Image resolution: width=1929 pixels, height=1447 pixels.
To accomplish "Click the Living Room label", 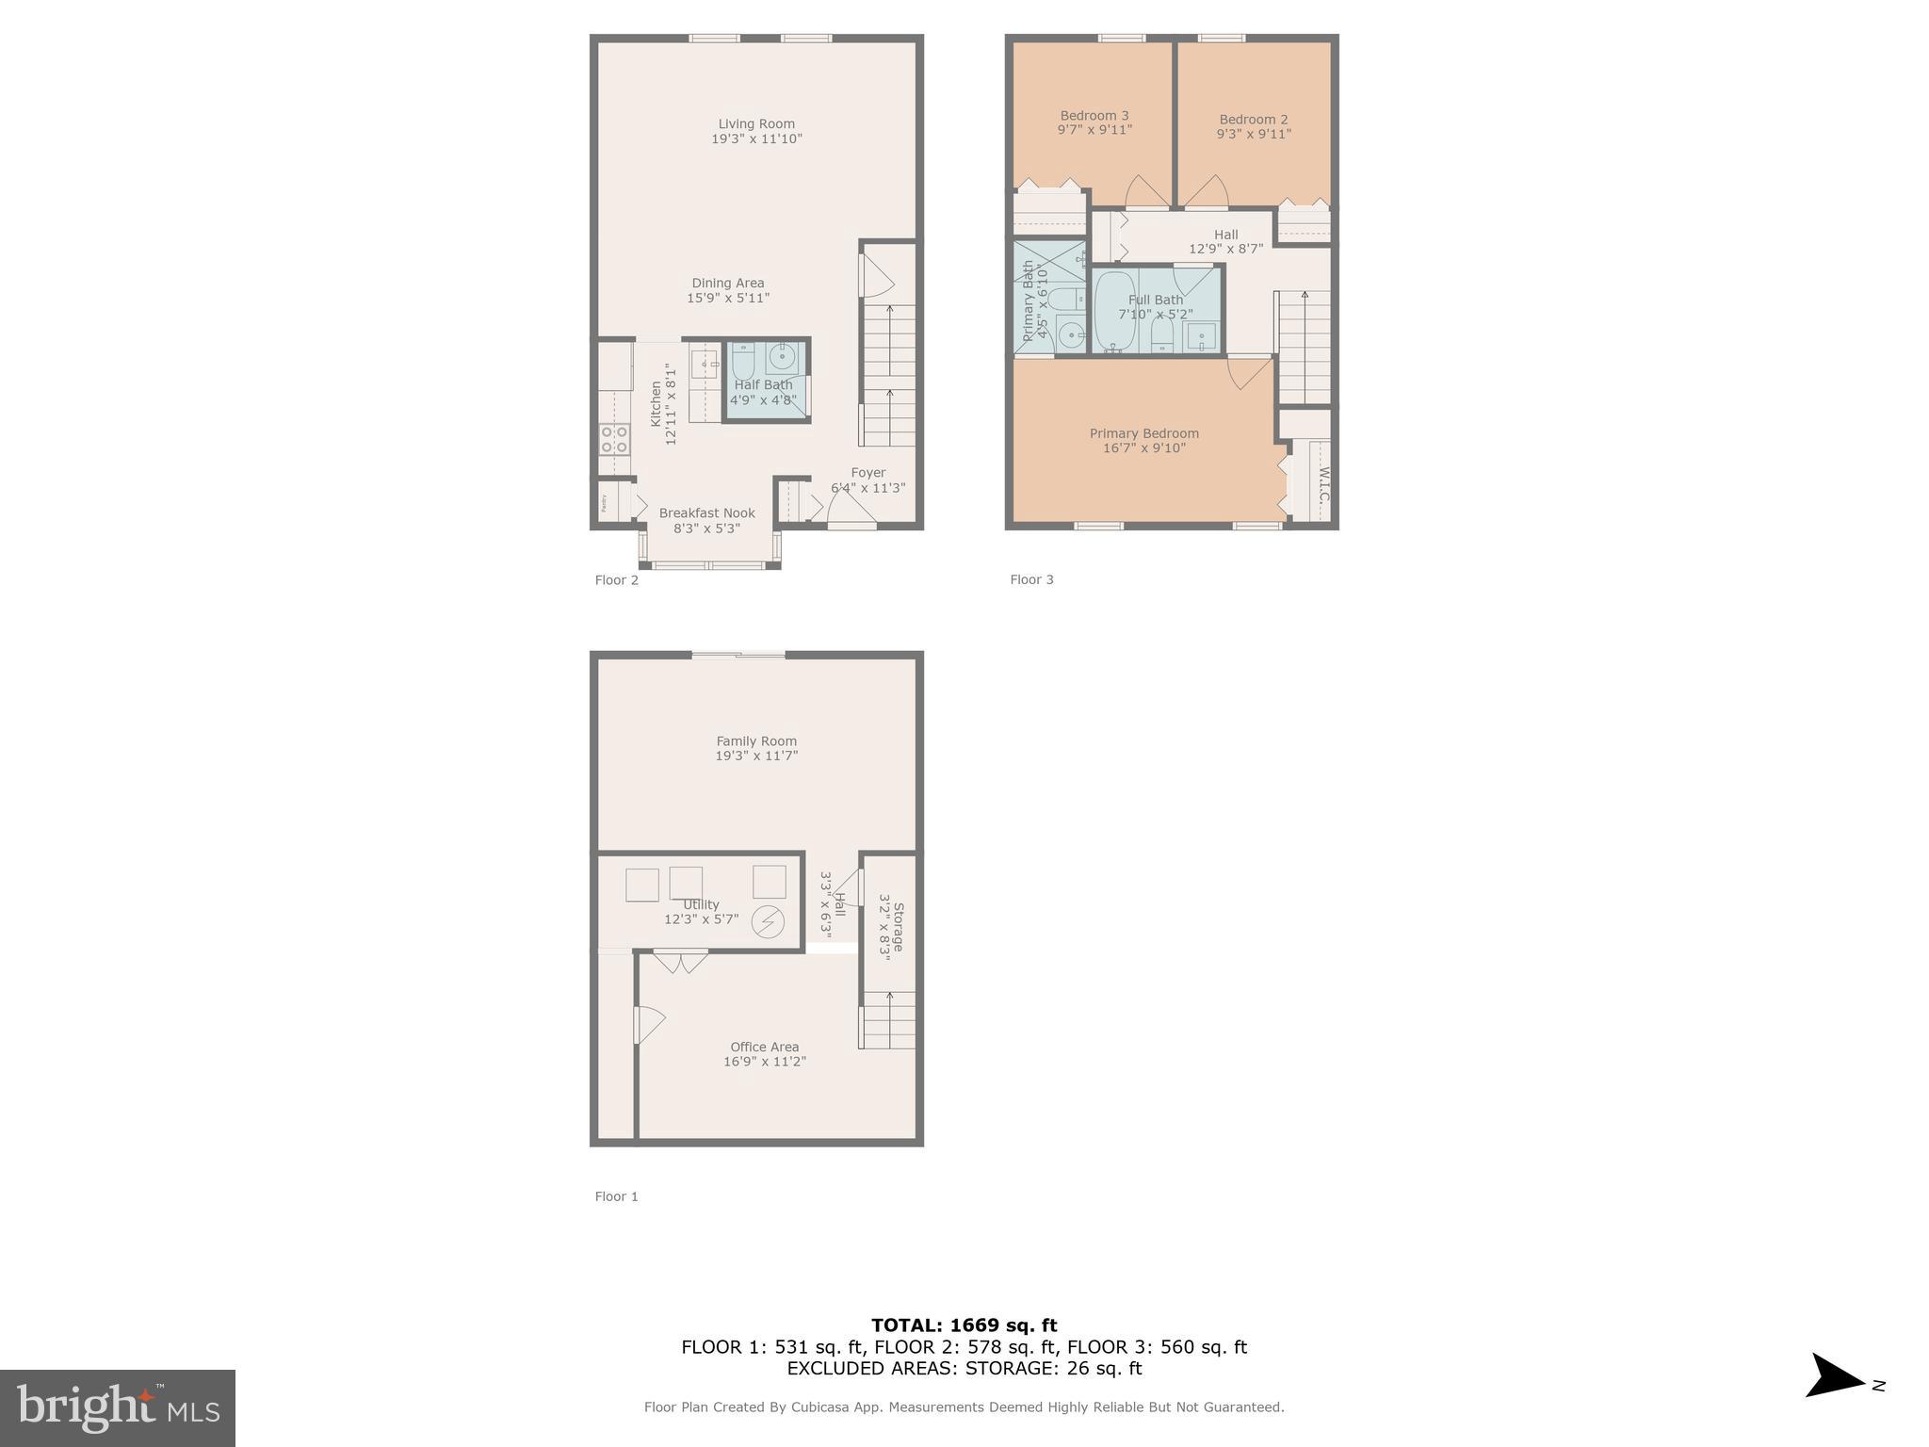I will (756, 124).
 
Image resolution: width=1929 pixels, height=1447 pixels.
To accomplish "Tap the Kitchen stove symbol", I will (614, 440).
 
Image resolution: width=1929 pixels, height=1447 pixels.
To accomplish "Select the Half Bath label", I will (763, 384).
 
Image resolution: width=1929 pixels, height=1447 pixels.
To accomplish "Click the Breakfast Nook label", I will (706, 513).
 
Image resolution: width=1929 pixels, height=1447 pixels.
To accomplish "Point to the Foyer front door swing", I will (851, 510).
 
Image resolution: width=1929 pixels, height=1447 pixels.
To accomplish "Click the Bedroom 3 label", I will (1094, 116).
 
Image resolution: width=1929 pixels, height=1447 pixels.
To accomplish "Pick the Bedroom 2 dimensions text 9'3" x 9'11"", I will (1254, 134).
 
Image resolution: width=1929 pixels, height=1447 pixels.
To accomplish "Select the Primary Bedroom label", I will (1144, 433).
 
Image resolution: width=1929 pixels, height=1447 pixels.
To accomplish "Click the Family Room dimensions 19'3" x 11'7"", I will (756, 756).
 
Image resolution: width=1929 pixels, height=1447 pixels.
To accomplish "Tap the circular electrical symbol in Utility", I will (768, 921).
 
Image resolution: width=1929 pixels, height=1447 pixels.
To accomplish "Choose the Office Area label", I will (764, 1047).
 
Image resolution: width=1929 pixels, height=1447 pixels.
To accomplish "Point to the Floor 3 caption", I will (1031, 579).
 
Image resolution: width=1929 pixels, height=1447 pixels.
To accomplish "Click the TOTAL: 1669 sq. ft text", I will (964, 1325).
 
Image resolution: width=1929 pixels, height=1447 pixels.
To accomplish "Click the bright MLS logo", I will (118, 1407).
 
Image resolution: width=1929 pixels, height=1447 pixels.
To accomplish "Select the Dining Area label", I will (728, 283).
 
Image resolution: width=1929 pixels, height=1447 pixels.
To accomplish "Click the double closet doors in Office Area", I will (681, 962).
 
